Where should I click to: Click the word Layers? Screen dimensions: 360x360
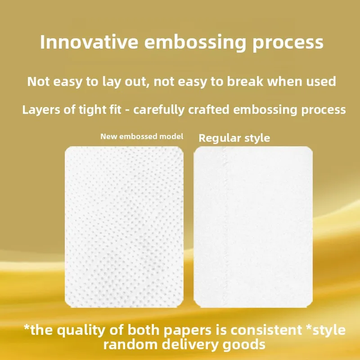(x=41, y=110)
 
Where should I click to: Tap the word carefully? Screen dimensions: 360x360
(x=159, y=110)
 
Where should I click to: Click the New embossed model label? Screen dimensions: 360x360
(x=142, y=136)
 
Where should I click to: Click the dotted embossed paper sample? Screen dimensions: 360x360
(x=124, y=227)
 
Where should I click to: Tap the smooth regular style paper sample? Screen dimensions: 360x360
(x=253, y=227)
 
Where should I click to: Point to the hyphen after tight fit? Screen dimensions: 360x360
(x=127, y=110)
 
